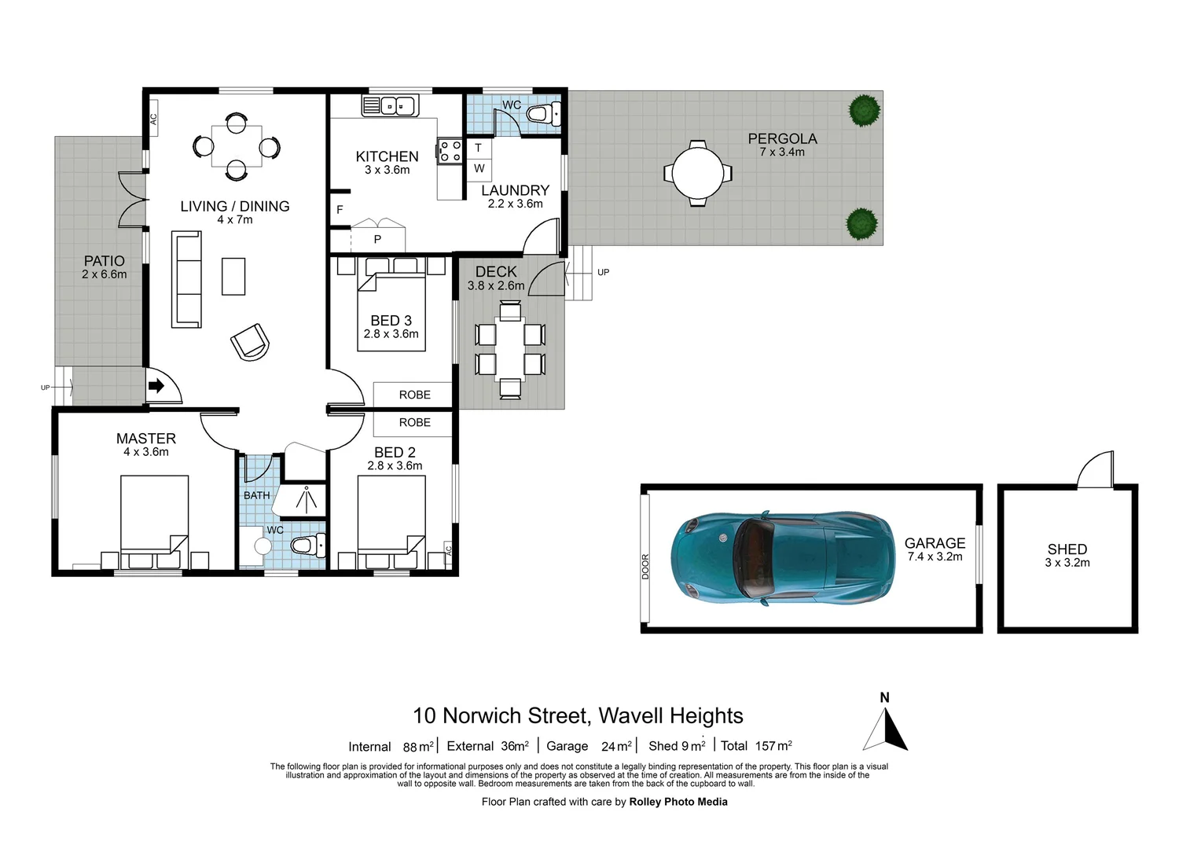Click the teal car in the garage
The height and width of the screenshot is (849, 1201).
[782, 558]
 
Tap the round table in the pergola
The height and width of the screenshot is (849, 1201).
[697, 173]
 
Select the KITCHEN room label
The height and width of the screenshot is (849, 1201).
[387, 156]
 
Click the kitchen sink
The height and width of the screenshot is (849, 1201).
[390, 105]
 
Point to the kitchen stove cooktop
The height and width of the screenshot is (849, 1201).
[450, 151]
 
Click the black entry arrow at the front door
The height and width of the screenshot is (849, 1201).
[156, 385]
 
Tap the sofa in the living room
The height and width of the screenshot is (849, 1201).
[186, 279]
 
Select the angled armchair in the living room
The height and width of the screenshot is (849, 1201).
[250, 342]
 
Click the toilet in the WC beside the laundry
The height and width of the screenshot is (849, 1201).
[542, 114]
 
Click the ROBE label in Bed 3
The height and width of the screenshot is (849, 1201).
[414, 395]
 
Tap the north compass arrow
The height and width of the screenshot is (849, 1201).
[886, 729]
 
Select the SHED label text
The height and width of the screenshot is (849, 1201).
[1067, 549]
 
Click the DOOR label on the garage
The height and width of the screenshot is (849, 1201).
[645, 566]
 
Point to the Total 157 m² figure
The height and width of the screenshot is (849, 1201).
[756, 746]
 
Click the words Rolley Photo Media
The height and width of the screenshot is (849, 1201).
[678, 802]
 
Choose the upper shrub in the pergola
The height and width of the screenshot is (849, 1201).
[864, 110]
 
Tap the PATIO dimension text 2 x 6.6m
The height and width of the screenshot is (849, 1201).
[104, 274]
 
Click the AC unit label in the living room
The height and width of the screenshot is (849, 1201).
[153, 119]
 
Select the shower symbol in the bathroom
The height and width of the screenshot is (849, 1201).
[306, 499]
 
